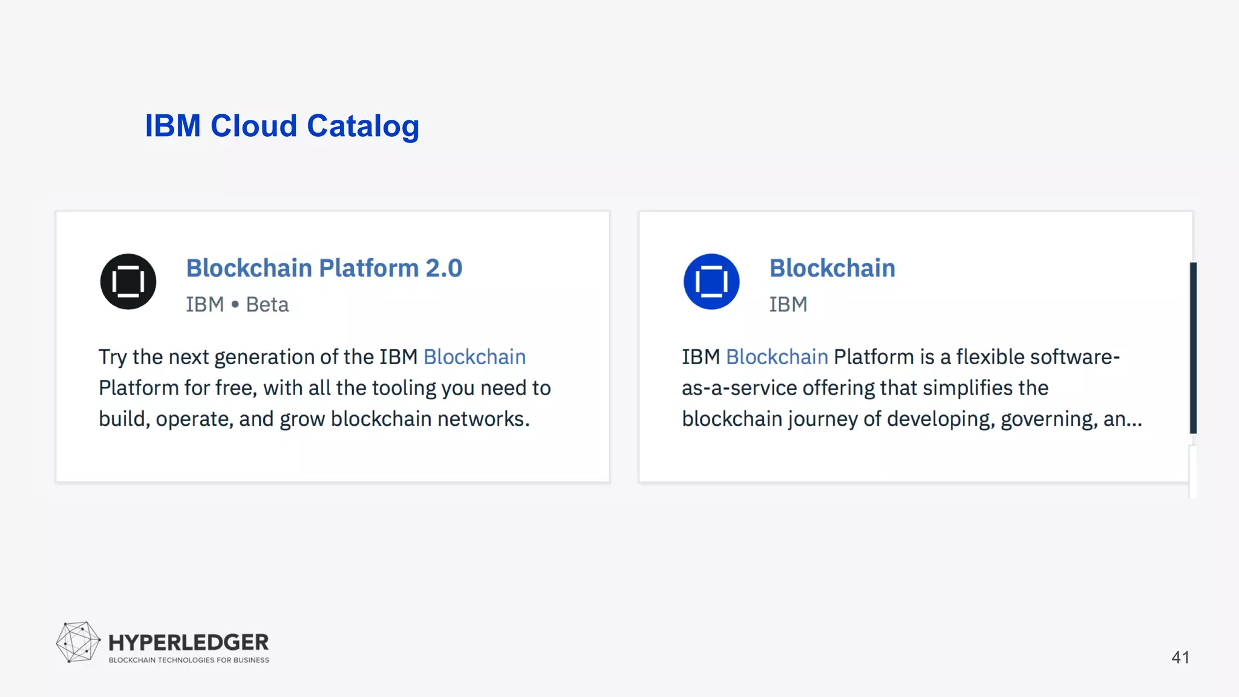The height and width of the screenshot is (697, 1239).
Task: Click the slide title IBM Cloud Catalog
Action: tap(282, 126)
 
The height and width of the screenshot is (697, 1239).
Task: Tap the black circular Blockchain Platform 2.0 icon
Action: tap(128, 281)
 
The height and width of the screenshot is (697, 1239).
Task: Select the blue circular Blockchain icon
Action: tap(711, 281)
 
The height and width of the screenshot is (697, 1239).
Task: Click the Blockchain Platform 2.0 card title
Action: tap(324, 268)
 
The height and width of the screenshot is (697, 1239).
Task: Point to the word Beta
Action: tap(267, 304)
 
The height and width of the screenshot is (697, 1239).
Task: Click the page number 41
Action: tap(1180, 657)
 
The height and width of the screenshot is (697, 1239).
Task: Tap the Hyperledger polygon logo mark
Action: tap(78, 642)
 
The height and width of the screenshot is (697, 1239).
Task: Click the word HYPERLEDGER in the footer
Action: tap(188, 642)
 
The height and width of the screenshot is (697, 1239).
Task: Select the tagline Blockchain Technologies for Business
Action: tap(189, 660)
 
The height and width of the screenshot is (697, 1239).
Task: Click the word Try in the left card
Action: tap(113, 357)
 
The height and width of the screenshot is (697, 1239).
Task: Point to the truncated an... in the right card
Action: tap(1122, 419)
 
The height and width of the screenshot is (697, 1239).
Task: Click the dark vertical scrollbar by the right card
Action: tap(1193, 348)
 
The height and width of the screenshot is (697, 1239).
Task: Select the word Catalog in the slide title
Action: tap(363, 126)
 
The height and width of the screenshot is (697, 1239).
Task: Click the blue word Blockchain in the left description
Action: tap(474, 357)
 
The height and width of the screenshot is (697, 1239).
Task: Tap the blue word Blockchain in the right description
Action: tap(777, 357)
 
